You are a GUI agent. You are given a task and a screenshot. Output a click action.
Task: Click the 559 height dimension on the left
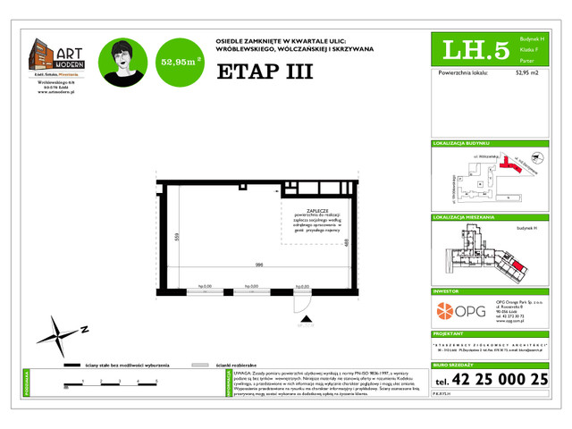tap(178, 238)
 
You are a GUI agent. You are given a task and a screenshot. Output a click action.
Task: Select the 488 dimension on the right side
tap(345, 242)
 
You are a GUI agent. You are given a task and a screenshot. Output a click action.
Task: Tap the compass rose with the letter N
tap(57, 337)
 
